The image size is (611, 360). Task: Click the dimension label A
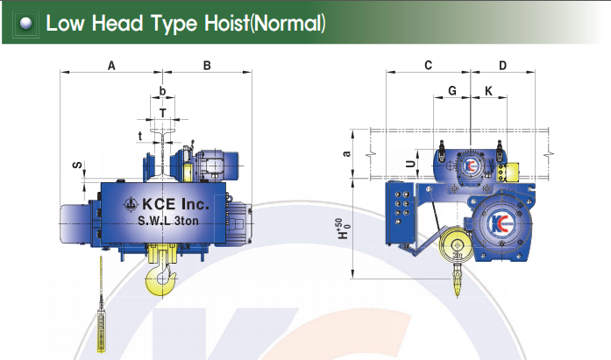111,66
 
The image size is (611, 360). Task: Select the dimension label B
207,66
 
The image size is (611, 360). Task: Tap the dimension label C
429,65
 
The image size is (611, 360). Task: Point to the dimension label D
502,66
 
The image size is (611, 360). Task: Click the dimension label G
452,91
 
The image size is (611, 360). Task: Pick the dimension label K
488,91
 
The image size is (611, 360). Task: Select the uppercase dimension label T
163,113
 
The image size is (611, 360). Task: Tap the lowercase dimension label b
162,91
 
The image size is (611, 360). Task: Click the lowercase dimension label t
140,137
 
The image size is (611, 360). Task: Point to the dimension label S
78,165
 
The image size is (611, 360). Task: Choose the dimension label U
411,164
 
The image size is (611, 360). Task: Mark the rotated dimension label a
346,153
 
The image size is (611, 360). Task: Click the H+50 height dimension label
343,229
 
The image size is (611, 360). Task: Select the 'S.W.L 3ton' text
168,221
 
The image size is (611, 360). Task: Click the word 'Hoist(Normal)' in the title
265,23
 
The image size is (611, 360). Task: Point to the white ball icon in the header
26,24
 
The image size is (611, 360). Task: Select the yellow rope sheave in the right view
456,246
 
